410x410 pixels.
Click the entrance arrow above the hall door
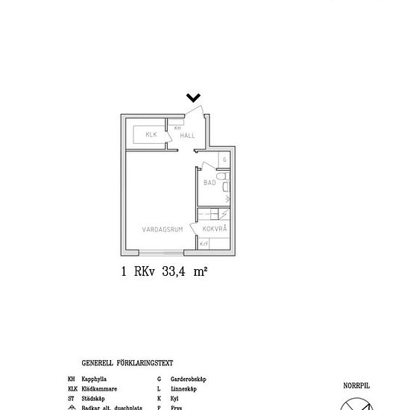pyautogui.click(x=193, y=97)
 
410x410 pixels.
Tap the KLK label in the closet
pyautogui.click(x=151, y=135)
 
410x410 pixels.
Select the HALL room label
pyautogui.click(x=187, y=136)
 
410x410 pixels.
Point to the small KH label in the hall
pyautogui.click(x=177, y=128)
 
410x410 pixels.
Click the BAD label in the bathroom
pyautogui.click(x=209, y=182)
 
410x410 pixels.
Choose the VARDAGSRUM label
pyautogui.click(x=163, y=230)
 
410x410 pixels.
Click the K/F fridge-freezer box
pyautogui.click(x=204, y=244)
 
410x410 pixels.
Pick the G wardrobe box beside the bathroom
pyautogui.click(x=224, y=160)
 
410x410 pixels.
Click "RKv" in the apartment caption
pyautogui.click(x=144, y=272)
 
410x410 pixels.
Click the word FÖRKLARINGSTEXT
pyautogui.click(x=148, y=364)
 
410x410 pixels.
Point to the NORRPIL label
pyautogui.click(x=356, y=385)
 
